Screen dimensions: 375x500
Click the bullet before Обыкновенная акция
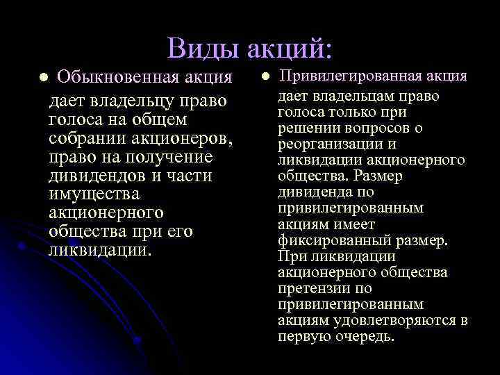point(43,76)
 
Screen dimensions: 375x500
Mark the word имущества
point(94,194)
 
